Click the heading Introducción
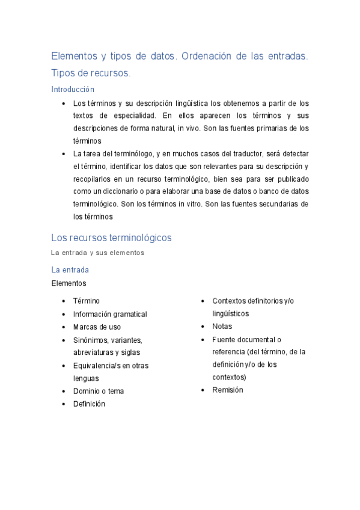pos(73,89)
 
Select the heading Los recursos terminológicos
pos(111,238)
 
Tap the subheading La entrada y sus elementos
pos(97,253)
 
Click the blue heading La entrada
pos(70,270)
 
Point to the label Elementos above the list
pos(69,283)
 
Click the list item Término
pos(87,301)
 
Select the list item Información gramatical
pos(110,314)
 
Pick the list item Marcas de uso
pos(97,327)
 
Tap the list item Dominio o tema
pos(99,391)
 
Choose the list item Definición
pos(89,404)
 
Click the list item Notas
pos(222,327)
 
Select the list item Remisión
pos(228,390)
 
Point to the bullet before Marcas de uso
pos(64,327)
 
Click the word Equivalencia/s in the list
pos(96,366)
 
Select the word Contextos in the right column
pos(230,301)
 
